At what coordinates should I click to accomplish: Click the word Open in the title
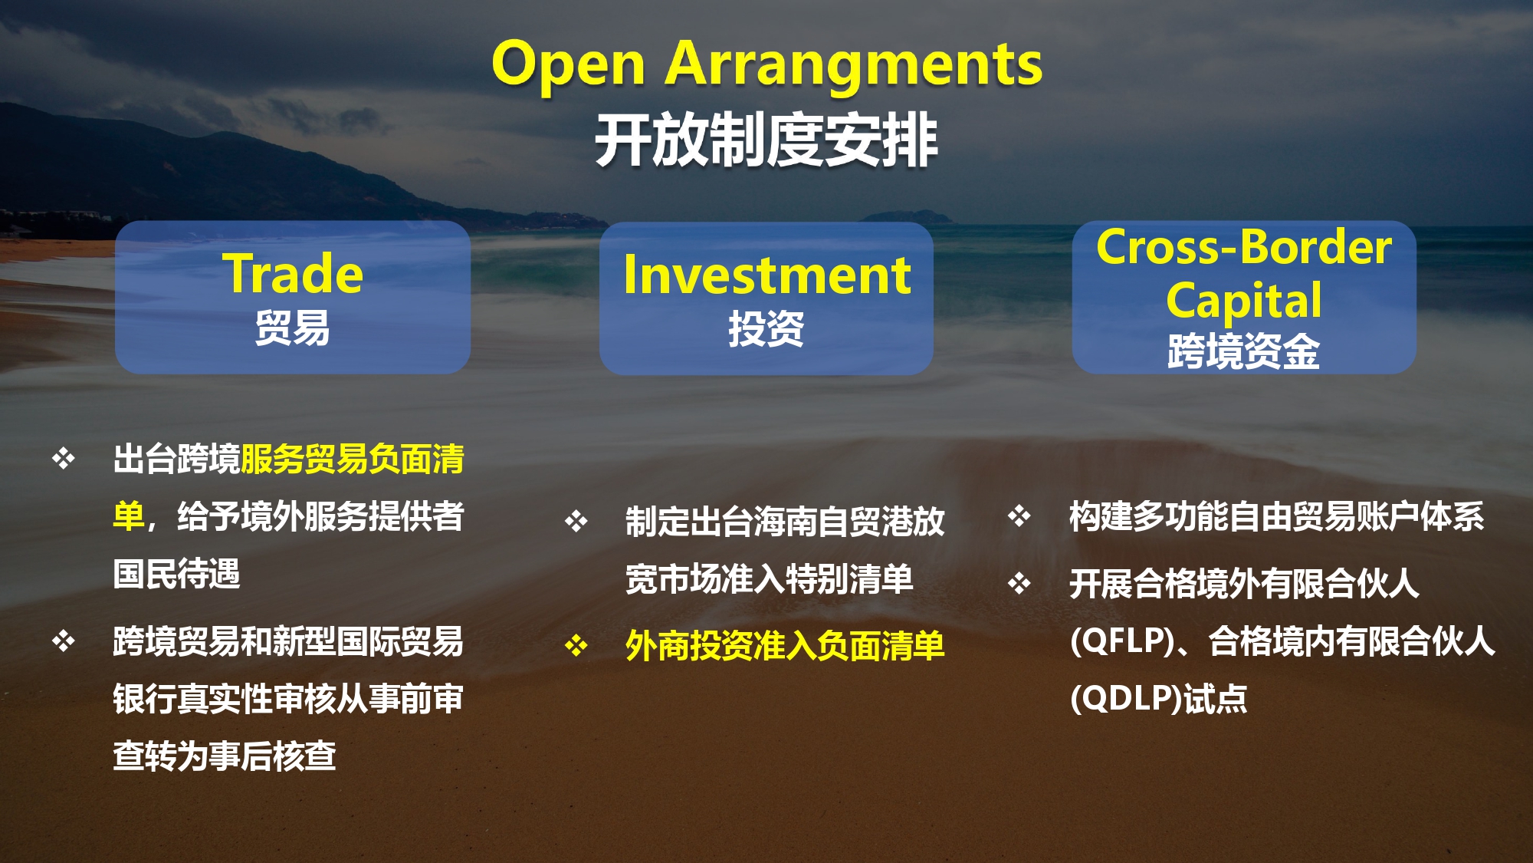click(x=568, y=64)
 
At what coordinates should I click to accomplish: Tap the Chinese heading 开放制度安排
click(x=766, y=140)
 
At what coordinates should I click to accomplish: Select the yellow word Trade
click(x=293, y=274)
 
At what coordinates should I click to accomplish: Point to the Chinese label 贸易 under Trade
click(x=293, y=328)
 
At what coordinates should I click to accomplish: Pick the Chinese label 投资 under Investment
click(x=766, y=329)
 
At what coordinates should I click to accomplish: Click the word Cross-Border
click(x=1244, y=247)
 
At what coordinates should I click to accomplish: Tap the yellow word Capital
click(x=1244, y=300)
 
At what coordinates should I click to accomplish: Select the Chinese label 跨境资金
click(x=1244, y=351)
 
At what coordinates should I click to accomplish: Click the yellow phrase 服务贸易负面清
click(x=353, y=459)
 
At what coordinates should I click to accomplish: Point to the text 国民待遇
click(x=176, y=573)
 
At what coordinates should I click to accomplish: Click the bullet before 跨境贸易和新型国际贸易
click(x=64, y=641)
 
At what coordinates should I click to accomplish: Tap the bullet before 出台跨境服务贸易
click(x=64, y=459)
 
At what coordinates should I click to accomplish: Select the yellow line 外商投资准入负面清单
click(x=785, y=646)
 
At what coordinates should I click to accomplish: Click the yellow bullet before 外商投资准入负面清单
click(x=576, y=646)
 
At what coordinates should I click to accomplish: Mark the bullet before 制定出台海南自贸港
click(x=576, y=522)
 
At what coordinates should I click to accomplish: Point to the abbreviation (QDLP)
click(x=1126, y=698)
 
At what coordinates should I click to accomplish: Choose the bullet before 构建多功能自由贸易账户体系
click(x=1019, y=515)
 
